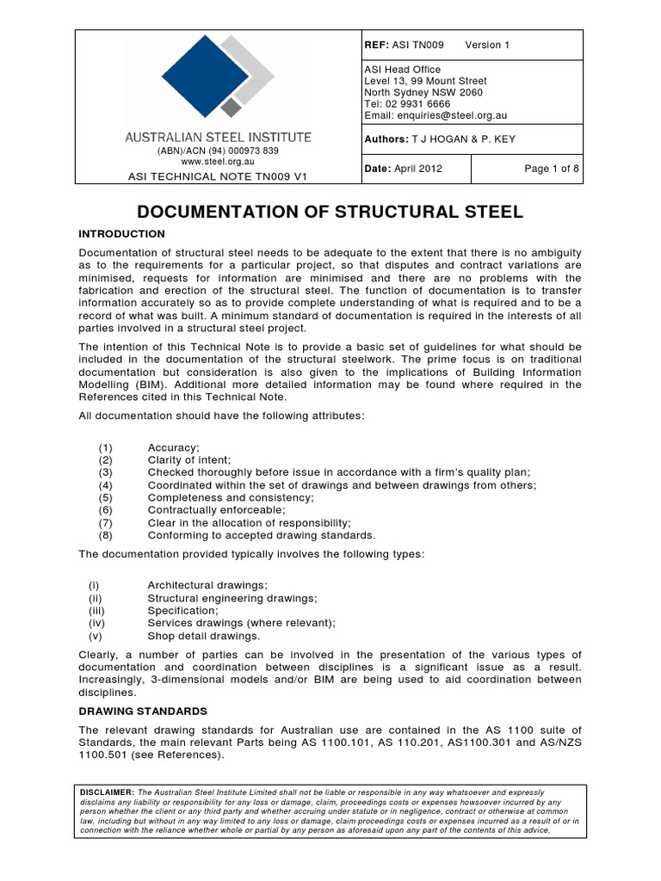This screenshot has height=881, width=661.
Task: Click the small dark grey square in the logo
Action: (231, 107)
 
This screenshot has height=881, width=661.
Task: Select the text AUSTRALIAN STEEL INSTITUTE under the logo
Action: (219, 137)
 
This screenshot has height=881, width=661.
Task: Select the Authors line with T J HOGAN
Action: (440, 139)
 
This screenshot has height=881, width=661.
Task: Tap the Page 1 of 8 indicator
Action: (552, 169)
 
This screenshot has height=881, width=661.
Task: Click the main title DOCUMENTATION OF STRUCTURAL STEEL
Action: (330, 213)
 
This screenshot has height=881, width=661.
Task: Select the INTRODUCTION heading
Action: (121, 234)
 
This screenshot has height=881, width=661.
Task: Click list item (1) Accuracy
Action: (173, 447)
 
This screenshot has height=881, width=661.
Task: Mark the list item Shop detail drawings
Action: (203, 636)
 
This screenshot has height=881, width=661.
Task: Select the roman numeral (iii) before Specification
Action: (96, 610)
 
